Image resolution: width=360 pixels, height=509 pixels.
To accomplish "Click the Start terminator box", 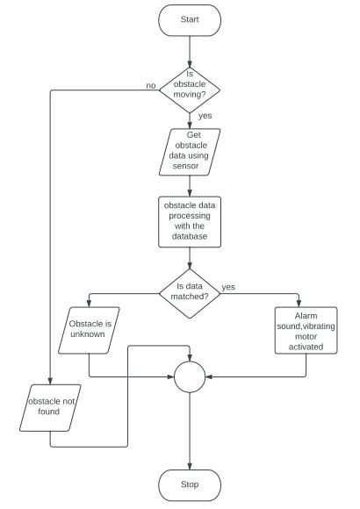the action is pyautogui.click(x=190, y=20).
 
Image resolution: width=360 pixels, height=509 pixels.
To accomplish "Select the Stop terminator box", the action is pyautogui.click(x=190, y=485).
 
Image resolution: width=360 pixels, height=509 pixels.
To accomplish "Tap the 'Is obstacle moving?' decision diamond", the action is pyautogui.click(x=190, y=90).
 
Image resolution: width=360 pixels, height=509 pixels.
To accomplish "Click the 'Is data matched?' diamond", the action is pyautogui.click(x=190, y=293).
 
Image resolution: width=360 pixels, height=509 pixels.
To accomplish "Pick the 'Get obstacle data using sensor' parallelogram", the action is pyautogui.click(x=190, y=152).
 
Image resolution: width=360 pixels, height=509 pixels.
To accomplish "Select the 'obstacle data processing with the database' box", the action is pyautogui.click(x=190, y=222).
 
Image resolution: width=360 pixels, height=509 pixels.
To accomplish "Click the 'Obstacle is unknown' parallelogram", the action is pyautogui.click(x=89, y=330).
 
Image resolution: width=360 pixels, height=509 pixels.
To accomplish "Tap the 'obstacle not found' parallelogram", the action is pyautogui.click(x=50, y=408).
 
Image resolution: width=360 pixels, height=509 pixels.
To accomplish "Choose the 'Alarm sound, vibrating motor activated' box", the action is pyautogui.click(x=306, y=330).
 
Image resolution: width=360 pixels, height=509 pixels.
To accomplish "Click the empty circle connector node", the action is pyautogui.click(x=190, y=376).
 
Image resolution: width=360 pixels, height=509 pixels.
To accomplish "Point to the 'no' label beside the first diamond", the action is pyautogui.click(x=151, y=85).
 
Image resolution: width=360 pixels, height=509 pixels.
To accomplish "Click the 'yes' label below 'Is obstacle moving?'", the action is pyautogui.click(x=205, y=116).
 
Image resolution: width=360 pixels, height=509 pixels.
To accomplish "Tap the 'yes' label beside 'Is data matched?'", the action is pyautogui.click(x=228, y=287).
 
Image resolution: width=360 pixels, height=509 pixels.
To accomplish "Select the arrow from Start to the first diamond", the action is pyautogui.click(x=190, y=52).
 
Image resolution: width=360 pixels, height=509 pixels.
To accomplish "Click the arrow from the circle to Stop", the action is pyautogui.click(x=190, y=431).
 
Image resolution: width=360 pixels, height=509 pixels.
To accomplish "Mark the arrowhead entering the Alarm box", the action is pyautogui.click(x=299, y=304).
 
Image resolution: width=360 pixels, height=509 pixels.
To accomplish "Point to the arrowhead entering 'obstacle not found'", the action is pyautogui.click(x=50, y=382).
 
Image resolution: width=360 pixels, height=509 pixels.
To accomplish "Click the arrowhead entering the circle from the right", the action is pyautogui.click(x=209, y=376).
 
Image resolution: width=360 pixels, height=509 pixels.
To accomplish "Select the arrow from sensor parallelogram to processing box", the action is pyautogui.click(x=190, y=186).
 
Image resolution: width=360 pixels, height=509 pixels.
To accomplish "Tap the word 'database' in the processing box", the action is pyautogui.click(x=190, y=236).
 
